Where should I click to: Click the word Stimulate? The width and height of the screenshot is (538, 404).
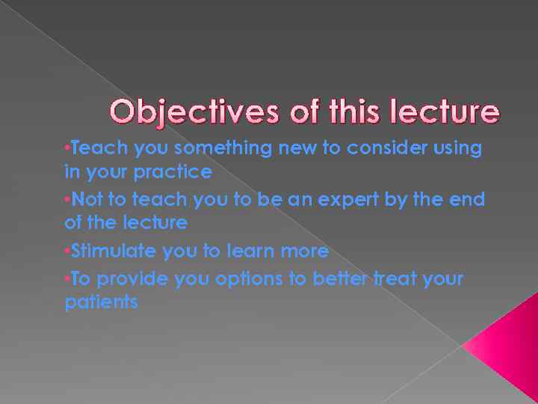tap(114, 251)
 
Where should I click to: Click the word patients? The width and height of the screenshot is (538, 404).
tap(101, 303)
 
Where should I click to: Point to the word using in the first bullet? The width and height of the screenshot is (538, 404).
tap(461, 148)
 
